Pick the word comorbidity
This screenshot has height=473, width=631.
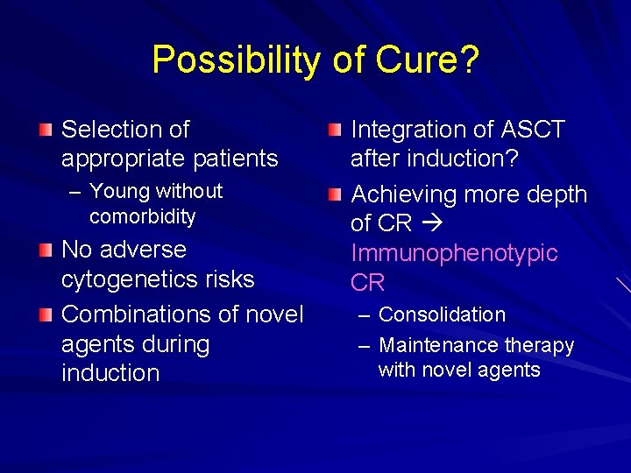tap(142, 215)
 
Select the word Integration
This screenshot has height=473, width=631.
tap(407, 130)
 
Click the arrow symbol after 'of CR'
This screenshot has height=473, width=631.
tap(429, 224)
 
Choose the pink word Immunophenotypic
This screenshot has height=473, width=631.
tap(454, 253)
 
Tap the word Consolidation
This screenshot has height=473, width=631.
tap(442, 314)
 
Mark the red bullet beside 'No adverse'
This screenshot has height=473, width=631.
tap(46, 251)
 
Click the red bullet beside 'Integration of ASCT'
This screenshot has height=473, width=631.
tap(335, 131)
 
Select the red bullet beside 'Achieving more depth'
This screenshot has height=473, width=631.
tap(335, 195)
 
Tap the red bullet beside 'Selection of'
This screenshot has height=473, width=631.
tap(46, 131)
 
